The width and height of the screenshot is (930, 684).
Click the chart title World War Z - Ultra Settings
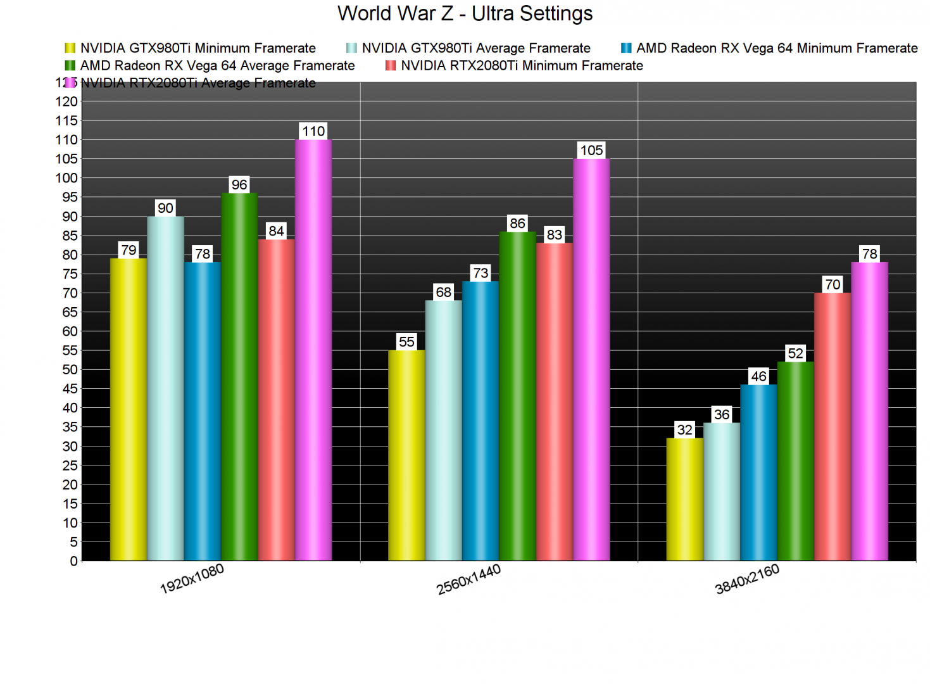point(465,13)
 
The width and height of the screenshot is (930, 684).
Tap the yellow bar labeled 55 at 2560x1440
point(406,455)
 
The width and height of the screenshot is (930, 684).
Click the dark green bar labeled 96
point(239,377)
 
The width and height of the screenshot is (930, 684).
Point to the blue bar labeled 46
point(758,472)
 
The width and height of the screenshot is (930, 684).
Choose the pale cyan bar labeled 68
point(443,430)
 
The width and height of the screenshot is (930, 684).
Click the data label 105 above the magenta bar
point(591,150)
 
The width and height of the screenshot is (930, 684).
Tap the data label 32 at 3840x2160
point(684,430)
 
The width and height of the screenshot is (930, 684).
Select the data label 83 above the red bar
point(554,235)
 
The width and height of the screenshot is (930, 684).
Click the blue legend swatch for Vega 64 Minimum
point(626,48)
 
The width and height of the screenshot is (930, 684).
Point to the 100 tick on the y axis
point(66,178)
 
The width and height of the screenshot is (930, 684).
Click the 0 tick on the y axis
point(73,561)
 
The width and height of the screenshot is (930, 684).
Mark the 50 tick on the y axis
point(70,370)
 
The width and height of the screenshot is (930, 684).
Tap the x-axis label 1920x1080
point(192,579)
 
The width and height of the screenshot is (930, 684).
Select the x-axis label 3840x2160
point(747,579)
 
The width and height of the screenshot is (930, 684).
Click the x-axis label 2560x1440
point(468,579)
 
